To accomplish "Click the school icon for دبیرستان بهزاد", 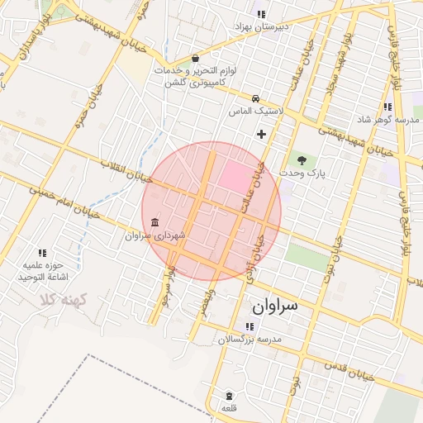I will point(261,14).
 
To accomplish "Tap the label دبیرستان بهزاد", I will point(261,27).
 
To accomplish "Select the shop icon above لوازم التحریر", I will point(194,59).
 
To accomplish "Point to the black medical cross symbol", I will point(262,134).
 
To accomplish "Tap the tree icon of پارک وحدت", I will point(301,159).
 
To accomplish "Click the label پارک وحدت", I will point(303,173).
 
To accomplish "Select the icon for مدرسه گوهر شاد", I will point(387,107).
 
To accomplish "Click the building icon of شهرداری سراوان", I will point(156,222).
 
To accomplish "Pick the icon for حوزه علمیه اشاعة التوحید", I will point(42,252).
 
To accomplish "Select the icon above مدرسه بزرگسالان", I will point(250,326).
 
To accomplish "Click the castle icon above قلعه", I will point(228,395).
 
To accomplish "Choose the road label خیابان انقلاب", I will point(126,169).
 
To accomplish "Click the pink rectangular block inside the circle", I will point(236,177).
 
